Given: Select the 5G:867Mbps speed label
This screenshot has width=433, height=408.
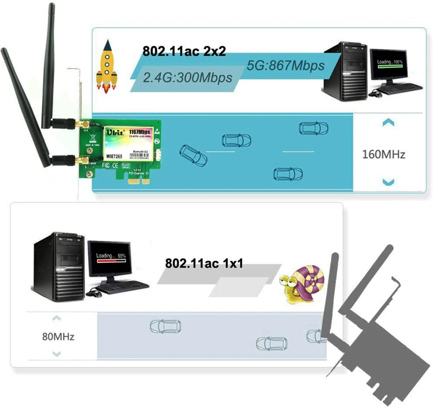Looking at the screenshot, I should coord(285,65).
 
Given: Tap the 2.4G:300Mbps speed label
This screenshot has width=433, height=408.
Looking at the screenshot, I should coord(187,77).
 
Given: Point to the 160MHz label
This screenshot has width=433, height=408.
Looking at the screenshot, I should coord(384,154).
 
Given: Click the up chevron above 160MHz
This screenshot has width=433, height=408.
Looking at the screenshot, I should coord(388,124).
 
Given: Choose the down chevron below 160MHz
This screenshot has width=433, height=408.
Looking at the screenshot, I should coord(388,182).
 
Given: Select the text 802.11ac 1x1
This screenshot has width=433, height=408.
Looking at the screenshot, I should coord(204,263).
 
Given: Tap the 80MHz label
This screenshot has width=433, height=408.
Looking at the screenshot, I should coord(58,336).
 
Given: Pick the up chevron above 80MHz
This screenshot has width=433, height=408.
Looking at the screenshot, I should coord(56,319).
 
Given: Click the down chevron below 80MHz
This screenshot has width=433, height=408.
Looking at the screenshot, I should coord(56,354).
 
